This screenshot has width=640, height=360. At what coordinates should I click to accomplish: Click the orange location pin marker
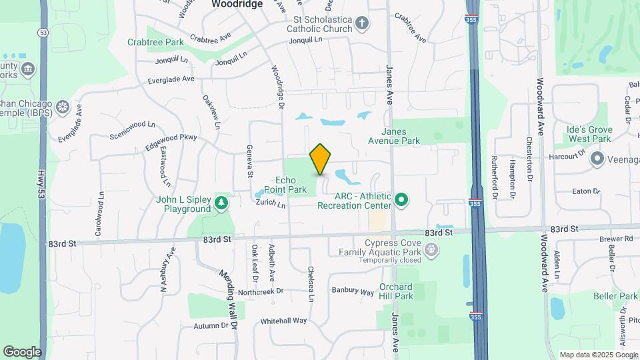[321, 159]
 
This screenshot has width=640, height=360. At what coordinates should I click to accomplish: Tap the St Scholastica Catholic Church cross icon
[362, 24]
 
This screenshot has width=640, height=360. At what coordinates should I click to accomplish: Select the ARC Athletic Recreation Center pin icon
[401, 199]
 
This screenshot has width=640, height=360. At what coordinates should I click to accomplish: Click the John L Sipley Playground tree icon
[221, 201]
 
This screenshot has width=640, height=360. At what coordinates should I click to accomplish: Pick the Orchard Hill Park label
[397, 291]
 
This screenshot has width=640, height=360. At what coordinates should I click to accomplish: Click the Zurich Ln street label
[270, 206]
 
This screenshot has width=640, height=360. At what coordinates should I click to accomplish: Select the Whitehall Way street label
[283, 321]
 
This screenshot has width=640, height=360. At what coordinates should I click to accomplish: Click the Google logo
[22, 352]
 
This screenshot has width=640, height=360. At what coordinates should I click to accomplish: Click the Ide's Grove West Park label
[589, 133]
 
